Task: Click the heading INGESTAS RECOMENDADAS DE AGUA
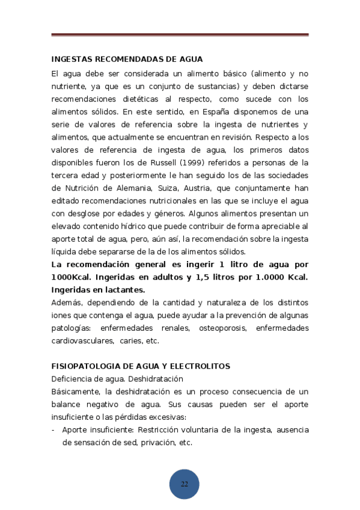tap(127, 60)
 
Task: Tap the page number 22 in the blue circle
tap(184, 484)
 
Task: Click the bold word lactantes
tap(124, 289)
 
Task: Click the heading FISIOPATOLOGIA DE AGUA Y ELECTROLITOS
tap(141, 366)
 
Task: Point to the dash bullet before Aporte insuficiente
tap(54, 429)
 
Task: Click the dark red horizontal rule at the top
tap(180, 35)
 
